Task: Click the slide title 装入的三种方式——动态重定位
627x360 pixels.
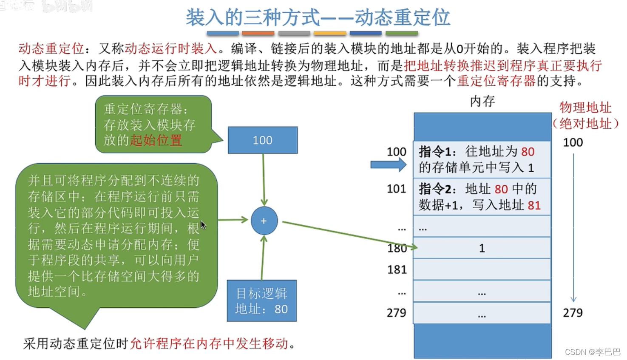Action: (x=318, y=17)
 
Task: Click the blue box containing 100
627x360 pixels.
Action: (x=263, y=140)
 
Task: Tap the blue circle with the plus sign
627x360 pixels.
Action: (x=264, y=221)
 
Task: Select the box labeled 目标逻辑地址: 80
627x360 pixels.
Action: (x=261, y=301)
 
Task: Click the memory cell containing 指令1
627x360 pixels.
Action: (x=482, y=160)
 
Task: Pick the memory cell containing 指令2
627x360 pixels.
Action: (x=482, y=197)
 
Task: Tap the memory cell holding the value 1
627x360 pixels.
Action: (x=482, y=248)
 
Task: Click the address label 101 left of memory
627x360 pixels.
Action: (x=396, y=189)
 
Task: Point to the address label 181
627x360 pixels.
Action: (x=397, y=269)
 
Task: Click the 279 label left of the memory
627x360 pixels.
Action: (x=396, y=313)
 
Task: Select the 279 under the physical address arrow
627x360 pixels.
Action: (x=573, y=313)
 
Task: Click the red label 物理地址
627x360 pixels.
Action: (x=585, y=108)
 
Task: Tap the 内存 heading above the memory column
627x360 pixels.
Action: (x=482, y=101)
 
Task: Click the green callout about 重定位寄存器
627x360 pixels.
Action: (x=153, y=124)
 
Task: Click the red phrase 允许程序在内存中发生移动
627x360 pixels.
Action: (x=209, y=343)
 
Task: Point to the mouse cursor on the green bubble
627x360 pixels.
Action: (x=203, y=225)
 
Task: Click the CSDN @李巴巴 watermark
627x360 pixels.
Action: (x=593, y=352)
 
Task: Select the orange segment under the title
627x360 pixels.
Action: (x=258, y=33)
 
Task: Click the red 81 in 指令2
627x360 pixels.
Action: (x=534, y=206)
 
